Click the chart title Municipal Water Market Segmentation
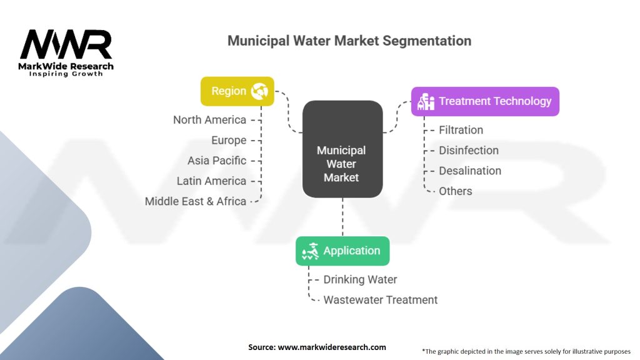[349, 41]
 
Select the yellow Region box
[237, 91]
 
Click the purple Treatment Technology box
[485, 101]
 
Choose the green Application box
[342, 251]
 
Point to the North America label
[209, 120]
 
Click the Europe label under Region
[229, 141]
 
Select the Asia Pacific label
[217, 161]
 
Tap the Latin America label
[211, 181]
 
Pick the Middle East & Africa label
[196, 201]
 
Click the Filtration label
[461, 130]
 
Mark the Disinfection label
[469, 151]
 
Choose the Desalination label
[470, 171]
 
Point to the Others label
[456, 191]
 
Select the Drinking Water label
[360, 279]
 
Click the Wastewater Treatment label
[380, 300]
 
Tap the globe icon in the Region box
[259, 91]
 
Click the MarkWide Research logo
[67, 54]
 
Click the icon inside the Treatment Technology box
[426, 102]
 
